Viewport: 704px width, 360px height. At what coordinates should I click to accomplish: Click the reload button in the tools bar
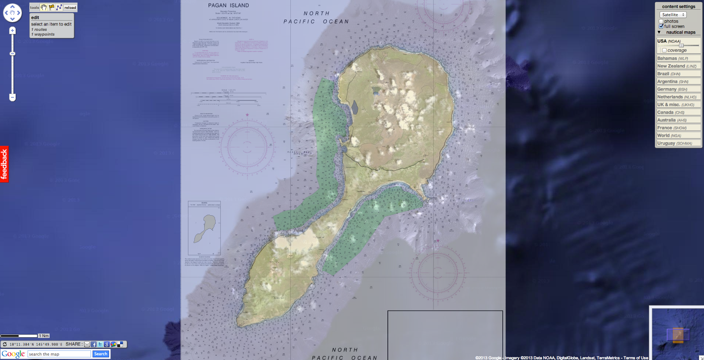pyautogui.click(x=70, y=7)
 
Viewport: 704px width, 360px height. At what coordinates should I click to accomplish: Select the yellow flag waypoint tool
pyautogui.click(x=51, y=7)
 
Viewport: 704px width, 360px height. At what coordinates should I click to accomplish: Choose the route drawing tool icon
pyautogui.click(x=59, y=7)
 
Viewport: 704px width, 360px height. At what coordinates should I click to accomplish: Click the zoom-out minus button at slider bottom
pyautogui.click(x=12, y=97)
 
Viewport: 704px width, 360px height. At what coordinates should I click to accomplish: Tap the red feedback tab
pyautogui.click(x=4, y=164)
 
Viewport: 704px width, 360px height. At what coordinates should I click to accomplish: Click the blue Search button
pyautogui.click(x=100, y=354)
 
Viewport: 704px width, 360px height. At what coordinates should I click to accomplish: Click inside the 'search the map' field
pyautogui.click(x=59, y=354)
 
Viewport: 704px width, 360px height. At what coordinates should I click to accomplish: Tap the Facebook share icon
pyautogui.click(x=94, y=345)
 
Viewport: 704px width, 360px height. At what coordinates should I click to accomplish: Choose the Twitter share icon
pyautogui.click(x=100, y=345)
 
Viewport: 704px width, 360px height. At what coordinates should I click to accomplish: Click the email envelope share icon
pyautogui.click(x=87, y=345)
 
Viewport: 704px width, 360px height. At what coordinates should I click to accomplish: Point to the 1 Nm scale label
pyautogui.click(x=44, y=336)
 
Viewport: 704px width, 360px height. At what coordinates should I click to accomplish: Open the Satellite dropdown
pyautogui.click(x=673, y=15)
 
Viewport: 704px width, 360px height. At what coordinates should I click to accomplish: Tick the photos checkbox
pyautogui.click(x=661, y=21)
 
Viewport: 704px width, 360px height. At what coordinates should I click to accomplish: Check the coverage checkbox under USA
pyautogui.click(x=664, y=50)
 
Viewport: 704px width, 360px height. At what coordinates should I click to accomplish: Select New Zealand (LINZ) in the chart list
pyautogui.click(x=677, y=66)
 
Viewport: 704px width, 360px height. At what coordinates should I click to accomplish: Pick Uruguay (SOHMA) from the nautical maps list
pyautogui.click(x=675, y=143)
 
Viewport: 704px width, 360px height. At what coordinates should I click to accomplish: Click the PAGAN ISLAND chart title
pyautogui.click(x=228, y=5)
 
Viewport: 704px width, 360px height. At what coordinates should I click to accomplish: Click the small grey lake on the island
pyautogui.click(x=355, y=107)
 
